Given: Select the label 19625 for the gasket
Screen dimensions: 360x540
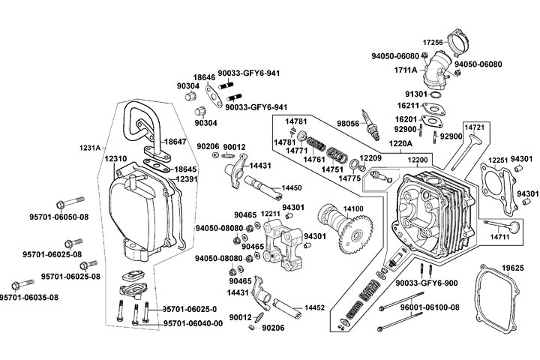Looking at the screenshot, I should coord(512,268).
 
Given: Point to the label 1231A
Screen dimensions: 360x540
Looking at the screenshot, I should coord(89,148).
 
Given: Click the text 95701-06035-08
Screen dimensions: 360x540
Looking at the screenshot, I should coord(29,297).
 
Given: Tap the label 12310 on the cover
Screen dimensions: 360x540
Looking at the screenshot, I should coord(116,159).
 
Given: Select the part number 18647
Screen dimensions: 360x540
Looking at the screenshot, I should coord(176,141).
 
